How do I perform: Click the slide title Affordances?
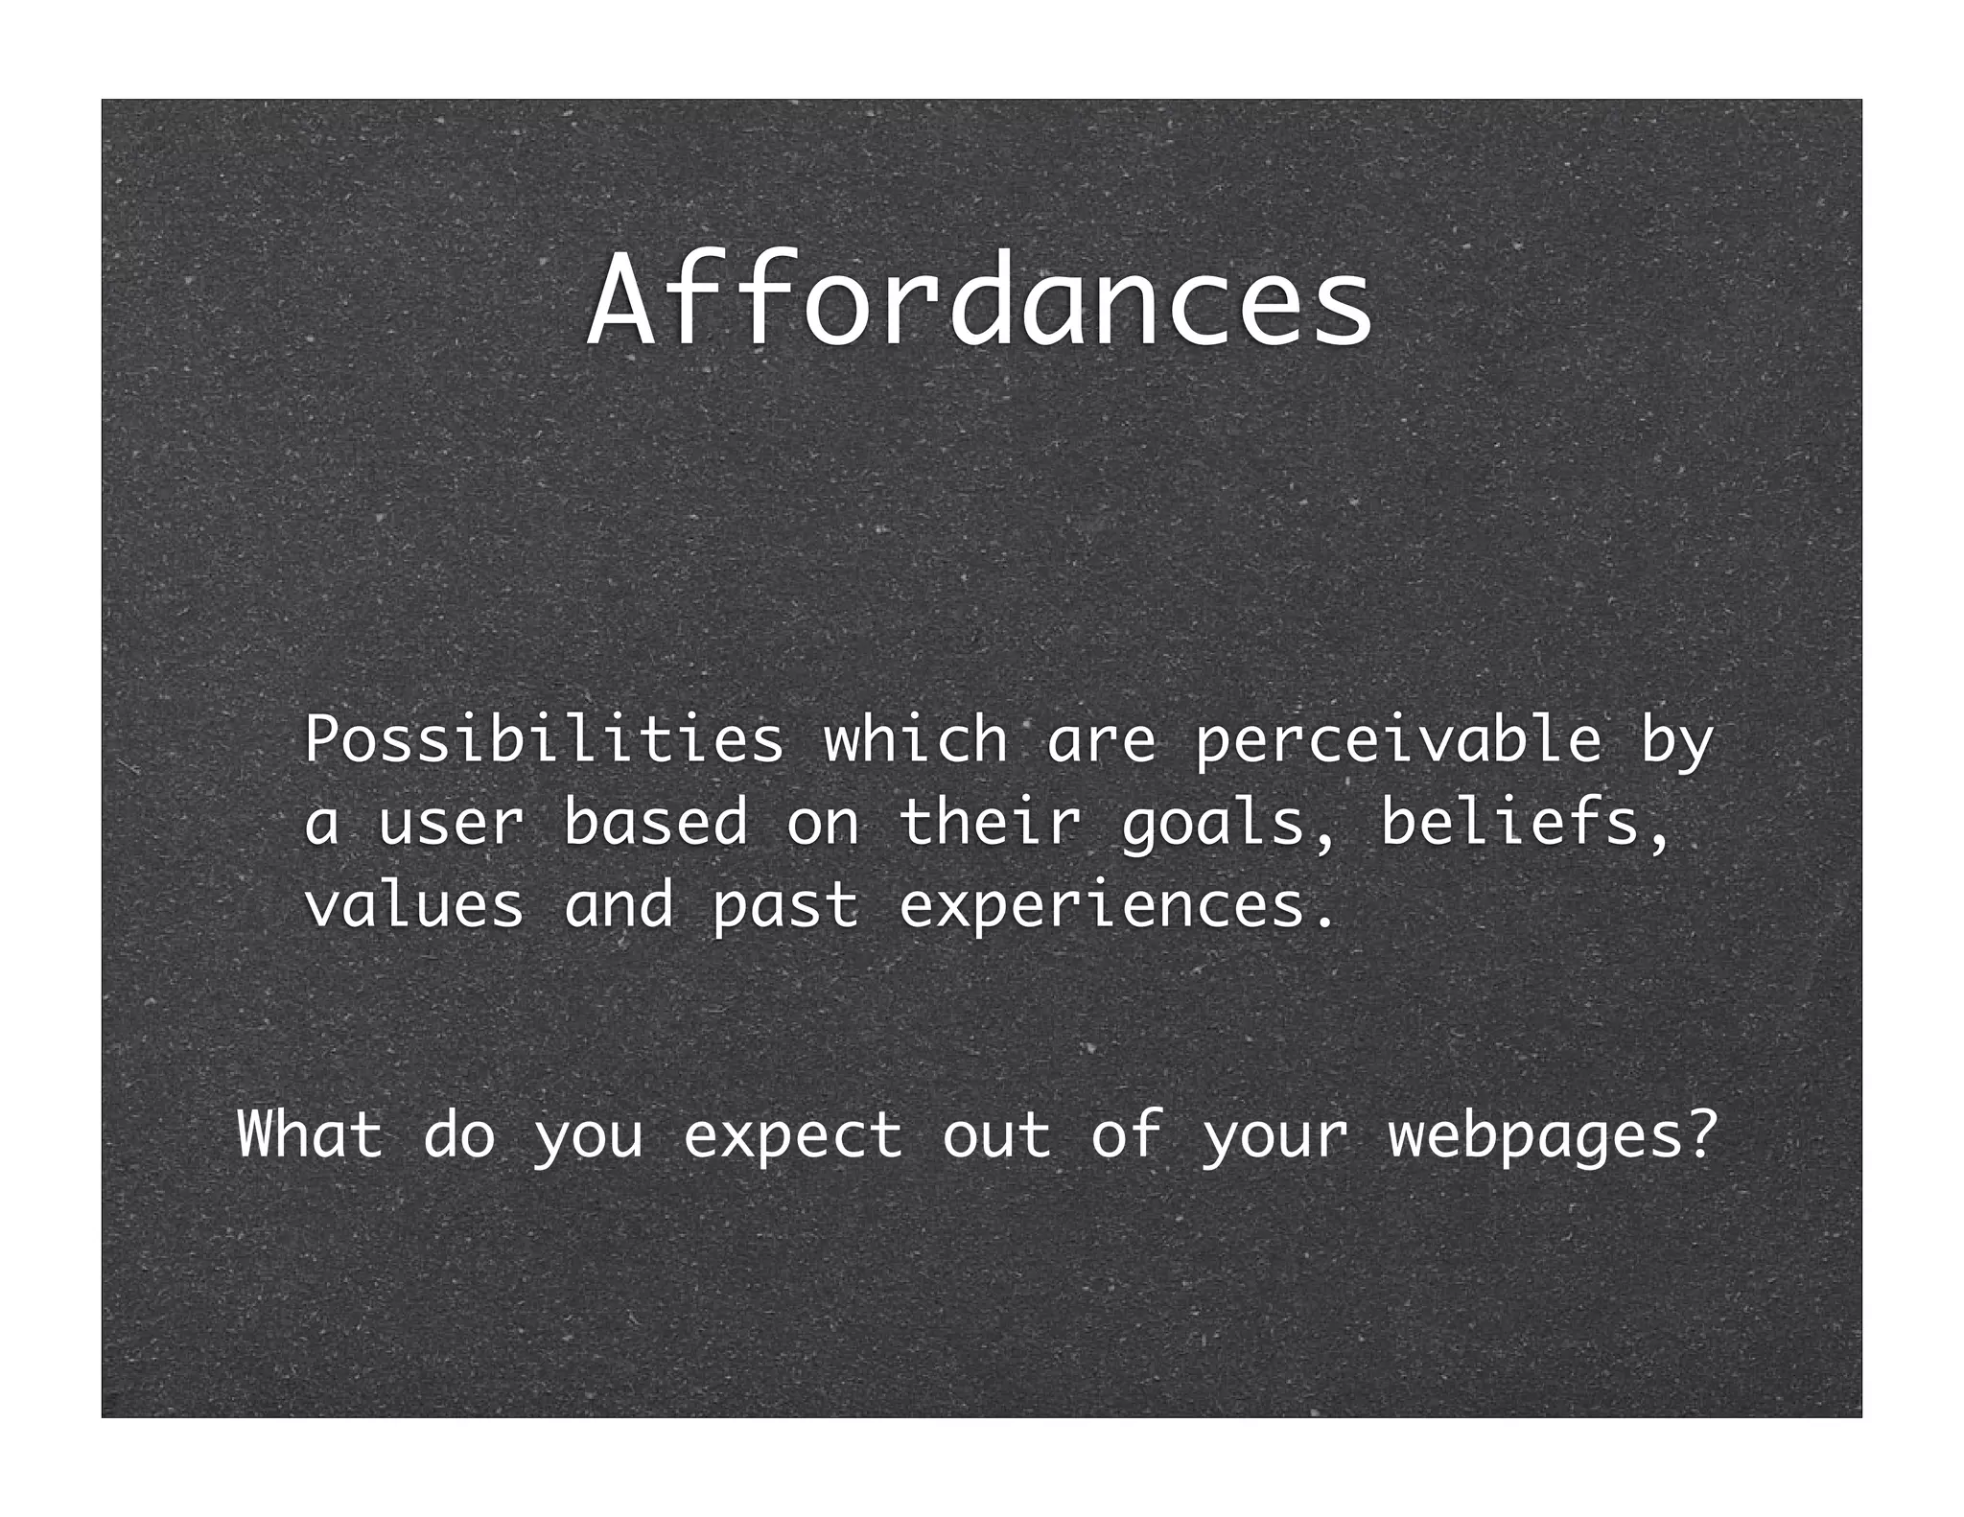click(x=980, y=300)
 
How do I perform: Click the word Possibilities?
click(x=544, y=740)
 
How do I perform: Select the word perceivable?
click(x=1398, y=740)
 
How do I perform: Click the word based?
click(x=655, y=823)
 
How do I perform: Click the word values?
click(x=414, y=906)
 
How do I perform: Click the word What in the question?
click(x=310, y=1134)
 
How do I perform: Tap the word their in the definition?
click(x=991, y=823)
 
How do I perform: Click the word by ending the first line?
click(x=1676, y=740)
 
